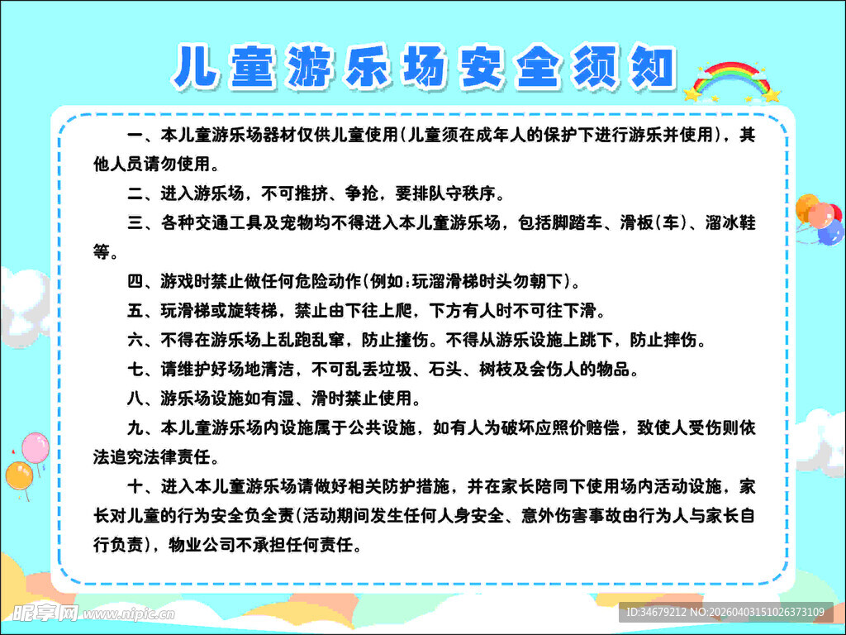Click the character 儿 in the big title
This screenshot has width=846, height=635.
[x=197, y=66]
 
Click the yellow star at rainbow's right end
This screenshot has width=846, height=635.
[x=772, y=95]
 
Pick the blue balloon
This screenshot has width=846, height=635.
[x=829, y=232]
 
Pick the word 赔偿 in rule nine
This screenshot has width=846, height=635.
[x=601, y=428]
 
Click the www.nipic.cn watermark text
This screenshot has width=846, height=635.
[x=128, y=614]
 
